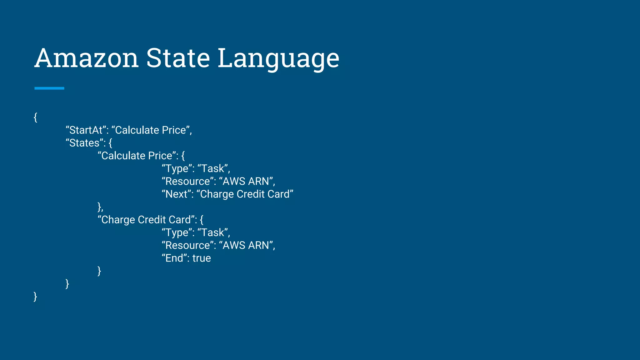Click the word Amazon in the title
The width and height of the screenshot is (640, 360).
(x=87, y=58)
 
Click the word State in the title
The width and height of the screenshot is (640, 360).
(x=178, y=58)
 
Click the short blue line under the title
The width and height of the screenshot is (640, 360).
(x=49, y=88)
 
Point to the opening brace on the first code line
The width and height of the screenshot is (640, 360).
(x=36, y=117)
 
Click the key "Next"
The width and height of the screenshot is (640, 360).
(x=176, y=194)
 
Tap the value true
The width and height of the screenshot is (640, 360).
(x=202, y=258)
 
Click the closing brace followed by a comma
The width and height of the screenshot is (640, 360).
(x=100, y=207)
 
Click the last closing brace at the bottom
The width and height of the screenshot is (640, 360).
(x=35, y=296)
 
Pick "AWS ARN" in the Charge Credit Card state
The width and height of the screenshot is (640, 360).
(x=246, y=245)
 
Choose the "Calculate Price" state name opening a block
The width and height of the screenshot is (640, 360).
(x=137, y=156)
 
